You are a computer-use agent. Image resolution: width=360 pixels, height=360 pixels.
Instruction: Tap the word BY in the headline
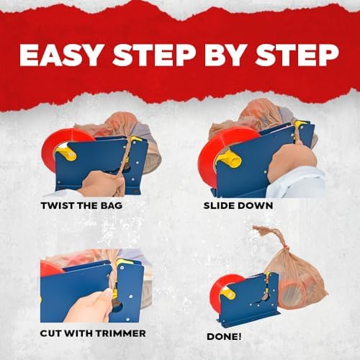(x=225, y=55)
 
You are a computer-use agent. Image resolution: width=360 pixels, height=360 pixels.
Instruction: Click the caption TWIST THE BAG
(x=81, y=206)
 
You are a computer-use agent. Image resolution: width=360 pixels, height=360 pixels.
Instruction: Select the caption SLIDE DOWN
(x=238, y=206)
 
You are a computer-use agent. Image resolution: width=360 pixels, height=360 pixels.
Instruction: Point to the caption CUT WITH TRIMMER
(x=93, y=333)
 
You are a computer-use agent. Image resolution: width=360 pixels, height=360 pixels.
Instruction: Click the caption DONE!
(x=224, y=336)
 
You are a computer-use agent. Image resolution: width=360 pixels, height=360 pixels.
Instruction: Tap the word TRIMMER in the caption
(x=121, y=333)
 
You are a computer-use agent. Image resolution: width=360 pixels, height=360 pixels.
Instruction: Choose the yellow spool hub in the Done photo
(x=229, y=293)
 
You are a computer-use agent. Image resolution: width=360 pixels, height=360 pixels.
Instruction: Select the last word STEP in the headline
(x=297, y=55)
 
